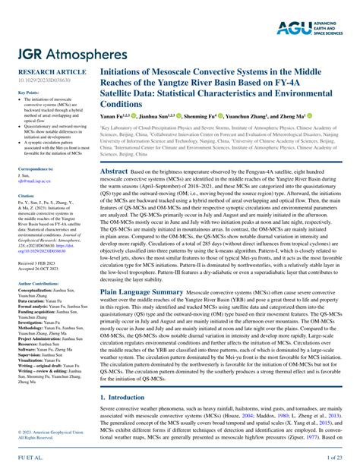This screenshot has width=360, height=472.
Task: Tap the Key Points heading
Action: (x=28, y=93)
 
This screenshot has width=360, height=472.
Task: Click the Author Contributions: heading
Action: (x=42, y=282)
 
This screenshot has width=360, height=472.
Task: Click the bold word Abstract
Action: (x=115, y=172)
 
